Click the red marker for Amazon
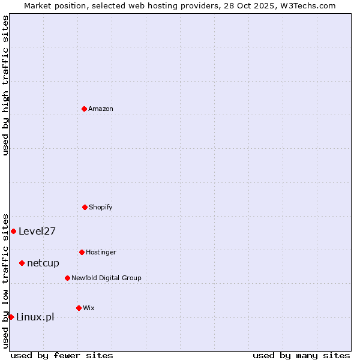[84, 109]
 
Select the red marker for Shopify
[85, 207]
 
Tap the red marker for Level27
[13, 231]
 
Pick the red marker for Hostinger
[82, 252]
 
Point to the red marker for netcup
[22, 263]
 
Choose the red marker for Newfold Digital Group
[67, 278]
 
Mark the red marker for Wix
[79, 308]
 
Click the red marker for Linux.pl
[11, 317]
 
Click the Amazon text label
[101, 109]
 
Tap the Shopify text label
[101, 207]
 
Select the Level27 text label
[37, 231]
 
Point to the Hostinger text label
[101, 252]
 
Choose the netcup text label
[43, 263]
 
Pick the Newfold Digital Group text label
[106, 278]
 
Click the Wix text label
[89, 308]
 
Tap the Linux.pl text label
[35, 317]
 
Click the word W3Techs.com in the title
[307, 5]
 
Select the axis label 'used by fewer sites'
[62, 355]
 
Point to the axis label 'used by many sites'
[301, 355]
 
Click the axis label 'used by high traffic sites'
[5, 85]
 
